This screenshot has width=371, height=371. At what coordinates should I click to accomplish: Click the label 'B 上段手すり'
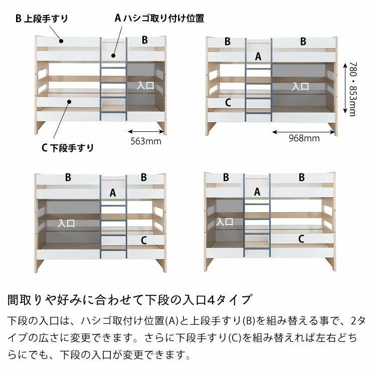click(x=42, y=19)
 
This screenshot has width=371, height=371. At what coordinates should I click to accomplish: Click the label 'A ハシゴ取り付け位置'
click(x=159, y=19)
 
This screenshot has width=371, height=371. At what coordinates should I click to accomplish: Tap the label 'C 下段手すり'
click(x=68, y=147)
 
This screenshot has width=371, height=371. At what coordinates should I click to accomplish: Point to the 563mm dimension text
click(x=145, y=141)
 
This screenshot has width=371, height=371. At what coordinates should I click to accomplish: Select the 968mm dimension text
click(x=304, y=138)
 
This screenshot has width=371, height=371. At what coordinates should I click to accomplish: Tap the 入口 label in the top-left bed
click(x=145, y=86)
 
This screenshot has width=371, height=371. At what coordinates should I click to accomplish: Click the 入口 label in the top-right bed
click(x=300, y=86)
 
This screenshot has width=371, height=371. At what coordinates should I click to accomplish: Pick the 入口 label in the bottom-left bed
click(x=66, y=223)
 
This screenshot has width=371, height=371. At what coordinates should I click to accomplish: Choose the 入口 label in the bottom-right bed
click(x=224, y=221)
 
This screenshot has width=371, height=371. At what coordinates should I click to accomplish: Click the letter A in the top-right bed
click(x=258, y=56)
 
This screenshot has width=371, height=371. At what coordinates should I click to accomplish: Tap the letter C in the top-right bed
click(x=228, y=103)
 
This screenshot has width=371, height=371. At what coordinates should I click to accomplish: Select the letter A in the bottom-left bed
click(x=113, y=193)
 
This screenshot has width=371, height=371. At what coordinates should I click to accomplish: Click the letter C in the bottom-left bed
click(x=143, y=240)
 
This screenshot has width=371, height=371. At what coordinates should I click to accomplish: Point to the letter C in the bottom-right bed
click(x=301, y=239)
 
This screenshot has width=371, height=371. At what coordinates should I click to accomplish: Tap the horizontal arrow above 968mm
click(x=304, y=132)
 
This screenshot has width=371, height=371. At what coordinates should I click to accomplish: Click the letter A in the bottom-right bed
click(x=257, y=192)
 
